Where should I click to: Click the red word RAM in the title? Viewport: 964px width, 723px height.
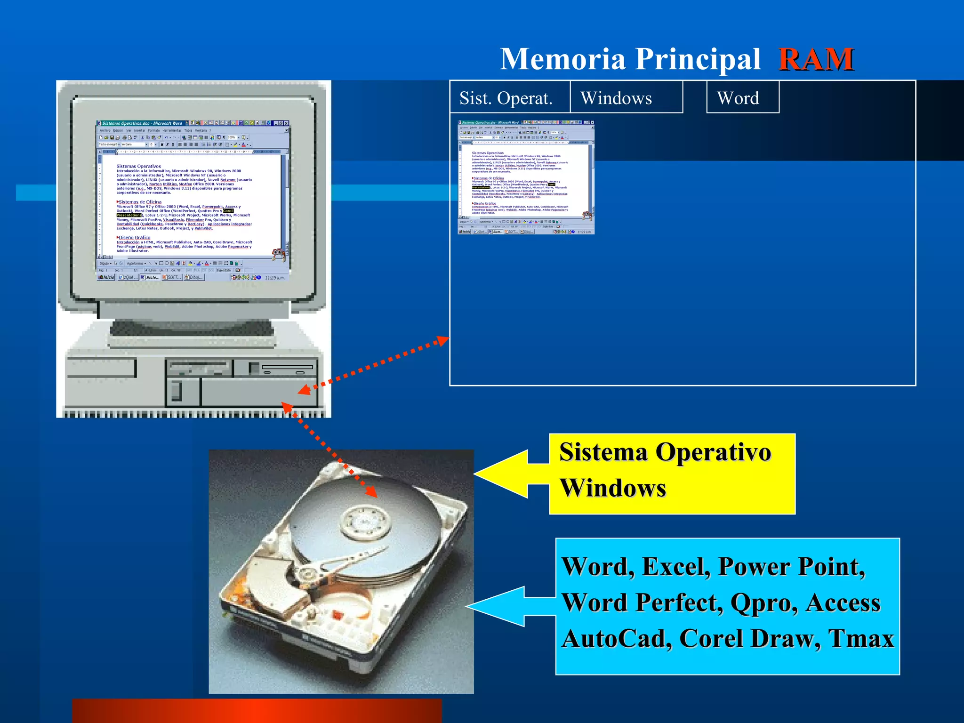(816, 59)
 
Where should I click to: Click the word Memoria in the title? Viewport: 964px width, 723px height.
(562, 59)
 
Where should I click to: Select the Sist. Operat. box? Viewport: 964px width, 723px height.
(506, 98)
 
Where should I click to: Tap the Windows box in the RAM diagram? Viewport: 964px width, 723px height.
(617, 98)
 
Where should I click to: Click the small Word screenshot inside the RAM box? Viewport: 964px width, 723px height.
(526, 177)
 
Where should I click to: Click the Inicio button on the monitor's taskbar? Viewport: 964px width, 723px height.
(106, 278)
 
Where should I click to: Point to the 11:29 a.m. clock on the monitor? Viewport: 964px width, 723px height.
(274, 278)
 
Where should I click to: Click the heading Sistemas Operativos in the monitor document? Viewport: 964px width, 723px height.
(138, 166)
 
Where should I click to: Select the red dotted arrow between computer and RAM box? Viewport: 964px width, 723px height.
(374, 365)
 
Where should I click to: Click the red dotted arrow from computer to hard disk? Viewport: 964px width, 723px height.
(329, 450)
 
